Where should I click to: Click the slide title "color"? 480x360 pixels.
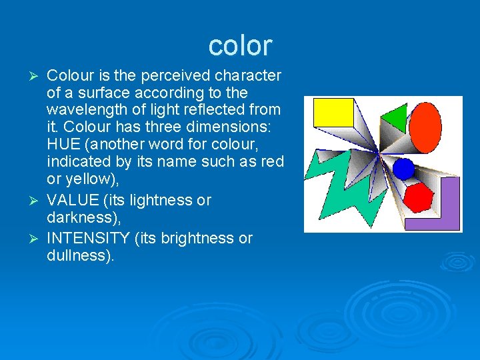click(x=240, y=45)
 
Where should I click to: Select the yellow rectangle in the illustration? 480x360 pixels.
click(x=333, y=112)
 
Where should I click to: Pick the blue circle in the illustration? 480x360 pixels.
click(x=403, y=169)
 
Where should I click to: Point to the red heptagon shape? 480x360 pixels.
click(x=419, y=197)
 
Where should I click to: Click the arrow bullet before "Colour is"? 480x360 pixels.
click(x=37, y=76)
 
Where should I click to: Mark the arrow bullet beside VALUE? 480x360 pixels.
click(x=37, y=201)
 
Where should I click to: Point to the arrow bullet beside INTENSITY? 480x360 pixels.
click(x=37, y=239)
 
